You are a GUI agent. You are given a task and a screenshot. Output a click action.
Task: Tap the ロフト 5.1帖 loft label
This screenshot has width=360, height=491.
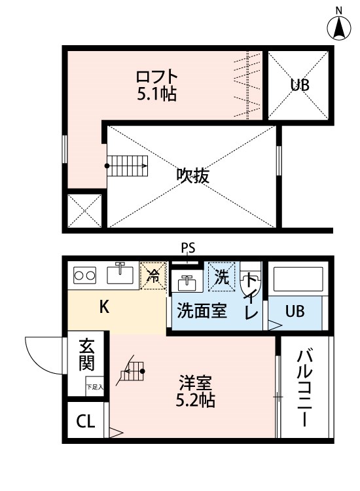pos(157,85)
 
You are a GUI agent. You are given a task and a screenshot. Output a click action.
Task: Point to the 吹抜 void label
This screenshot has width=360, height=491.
pos(192,175)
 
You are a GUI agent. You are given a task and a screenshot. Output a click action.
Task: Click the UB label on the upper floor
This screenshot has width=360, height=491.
pos(300,84)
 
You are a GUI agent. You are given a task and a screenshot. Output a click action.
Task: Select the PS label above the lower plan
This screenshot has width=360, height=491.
pos(188,248)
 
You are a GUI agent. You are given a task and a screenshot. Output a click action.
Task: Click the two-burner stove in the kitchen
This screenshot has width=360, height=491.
pos(84,276)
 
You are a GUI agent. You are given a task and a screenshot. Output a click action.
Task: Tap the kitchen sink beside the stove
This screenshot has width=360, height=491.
pos(120,273)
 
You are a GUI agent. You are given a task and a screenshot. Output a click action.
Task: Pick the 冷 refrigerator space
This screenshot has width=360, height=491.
pos(153,276)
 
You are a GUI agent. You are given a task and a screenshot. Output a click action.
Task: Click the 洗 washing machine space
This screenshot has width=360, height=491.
pos(222,277)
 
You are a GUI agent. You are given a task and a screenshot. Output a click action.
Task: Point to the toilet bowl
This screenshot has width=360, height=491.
pos(250,278)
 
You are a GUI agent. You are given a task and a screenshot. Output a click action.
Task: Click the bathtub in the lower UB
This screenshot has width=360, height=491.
pos(298,280)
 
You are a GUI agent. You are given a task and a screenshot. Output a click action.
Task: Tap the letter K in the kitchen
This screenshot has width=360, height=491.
pos(104,307)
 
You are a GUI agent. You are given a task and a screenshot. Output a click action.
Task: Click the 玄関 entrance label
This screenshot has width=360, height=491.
pos(86,354)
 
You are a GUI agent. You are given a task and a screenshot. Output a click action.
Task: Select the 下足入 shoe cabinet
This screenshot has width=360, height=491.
pos(94,386)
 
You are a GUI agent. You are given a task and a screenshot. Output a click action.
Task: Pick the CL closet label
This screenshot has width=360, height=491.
pos(86,421)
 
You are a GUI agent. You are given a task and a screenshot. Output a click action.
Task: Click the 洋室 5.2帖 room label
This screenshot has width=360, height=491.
pos(195,391)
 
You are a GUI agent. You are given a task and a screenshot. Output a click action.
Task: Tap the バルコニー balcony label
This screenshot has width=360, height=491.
pos(304,388)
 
